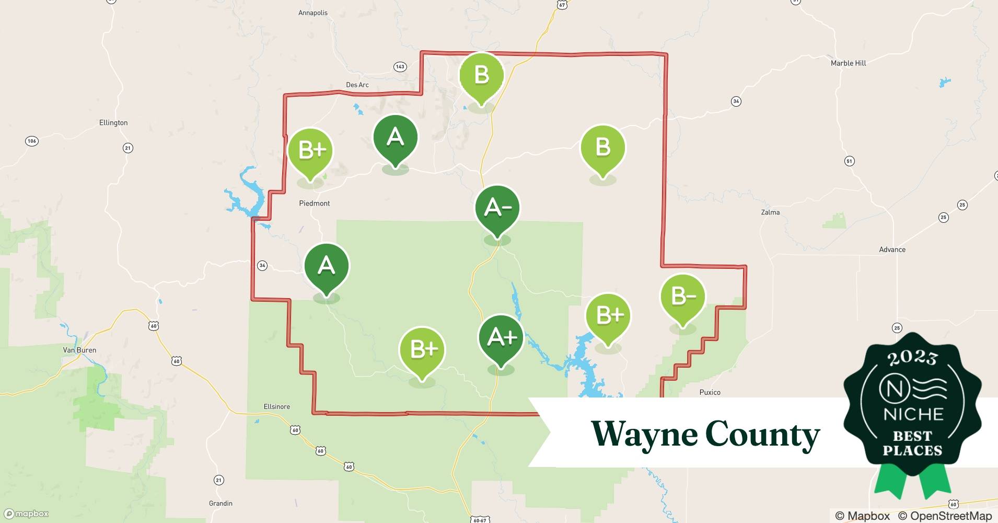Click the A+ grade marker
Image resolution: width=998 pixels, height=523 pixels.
point(501,338)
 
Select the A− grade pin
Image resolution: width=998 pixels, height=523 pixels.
point(497,208)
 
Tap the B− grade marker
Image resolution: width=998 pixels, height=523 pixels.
point(682,297)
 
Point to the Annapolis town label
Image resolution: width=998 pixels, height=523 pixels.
point(313,13)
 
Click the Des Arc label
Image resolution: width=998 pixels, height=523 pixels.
point(357,85)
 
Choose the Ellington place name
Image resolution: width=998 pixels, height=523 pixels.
point(113,122)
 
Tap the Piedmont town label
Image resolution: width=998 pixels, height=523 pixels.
point(315,203)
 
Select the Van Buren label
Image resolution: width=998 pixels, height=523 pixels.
point(79,350)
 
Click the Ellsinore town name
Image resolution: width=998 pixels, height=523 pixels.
point(277,406)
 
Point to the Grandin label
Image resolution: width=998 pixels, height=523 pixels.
point(221,503)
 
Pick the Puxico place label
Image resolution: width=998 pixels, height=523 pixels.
point(710,392)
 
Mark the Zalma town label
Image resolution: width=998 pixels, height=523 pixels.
point(770,212)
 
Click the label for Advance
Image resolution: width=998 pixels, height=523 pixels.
point(892,249)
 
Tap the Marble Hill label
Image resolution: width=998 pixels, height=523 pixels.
point(848,63)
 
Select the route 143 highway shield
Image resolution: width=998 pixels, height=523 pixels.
point(400,66)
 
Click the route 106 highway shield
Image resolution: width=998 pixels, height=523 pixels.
point(31,141)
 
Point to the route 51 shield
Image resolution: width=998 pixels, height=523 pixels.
point(850,161)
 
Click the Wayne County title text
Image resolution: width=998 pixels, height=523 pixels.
point(705,434)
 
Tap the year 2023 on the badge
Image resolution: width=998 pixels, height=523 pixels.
point(912,358)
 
